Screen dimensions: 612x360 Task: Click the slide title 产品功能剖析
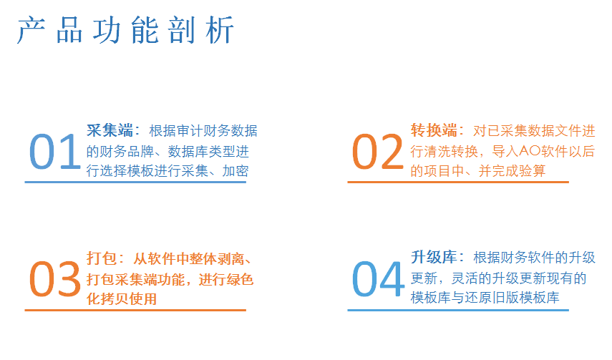(126, 29)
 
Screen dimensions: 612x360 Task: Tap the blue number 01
(54, 152)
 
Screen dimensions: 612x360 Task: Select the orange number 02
(377, 152)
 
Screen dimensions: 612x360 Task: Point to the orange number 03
(54, 279)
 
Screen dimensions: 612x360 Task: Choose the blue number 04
(378, 279)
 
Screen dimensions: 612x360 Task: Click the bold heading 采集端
(110, 130)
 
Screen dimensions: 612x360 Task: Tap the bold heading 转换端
(434, 130)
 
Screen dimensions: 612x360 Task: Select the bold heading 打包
(102, 258)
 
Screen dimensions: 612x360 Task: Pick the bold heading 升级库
(434, 258)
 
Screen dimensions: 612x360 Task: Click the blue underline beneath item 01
(135, 182)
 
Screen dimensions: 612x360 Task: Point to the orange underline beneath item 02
(458, 182)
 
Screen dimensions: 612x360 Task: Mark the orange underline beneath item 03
(135, 310)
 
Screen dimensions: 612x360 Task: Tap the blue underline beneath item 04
(458, 310)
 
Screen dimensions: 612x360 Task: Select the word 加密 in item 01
(235, 171)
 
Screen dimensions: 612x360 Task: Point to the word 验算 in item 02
(532, 171)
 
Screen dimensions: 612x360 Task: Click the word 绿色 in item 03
(240, 280)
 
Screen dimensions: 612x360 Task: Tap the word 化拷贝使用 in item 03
(122, 299)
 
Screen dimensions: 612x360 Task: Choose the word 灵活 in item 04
(465, 278)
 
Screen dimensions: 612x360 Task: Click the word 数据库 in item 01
(188, 152)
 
